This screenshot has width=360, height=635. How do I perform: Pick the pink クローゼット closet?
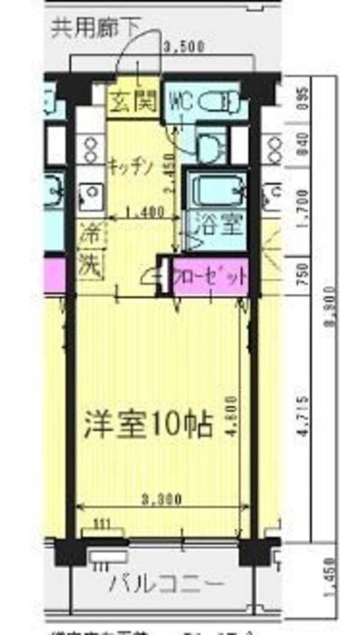pos(210,277)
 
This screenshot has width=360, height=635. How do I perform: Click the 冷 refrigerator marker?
pos(90,233)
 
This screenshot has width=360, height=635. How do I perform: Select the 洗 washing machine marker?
pos(90,263)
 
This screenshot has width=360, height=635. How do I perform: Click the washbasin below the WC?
pos(209,145)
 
